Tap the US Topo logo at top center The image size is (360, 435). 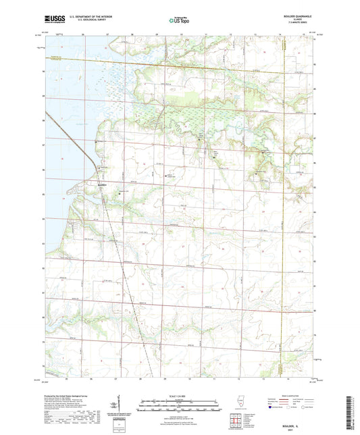[179, 20]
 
